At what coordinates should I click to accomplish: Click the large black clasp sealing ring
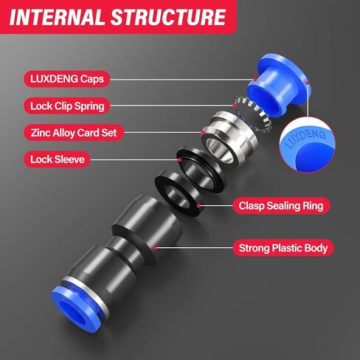coord(176,192)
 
